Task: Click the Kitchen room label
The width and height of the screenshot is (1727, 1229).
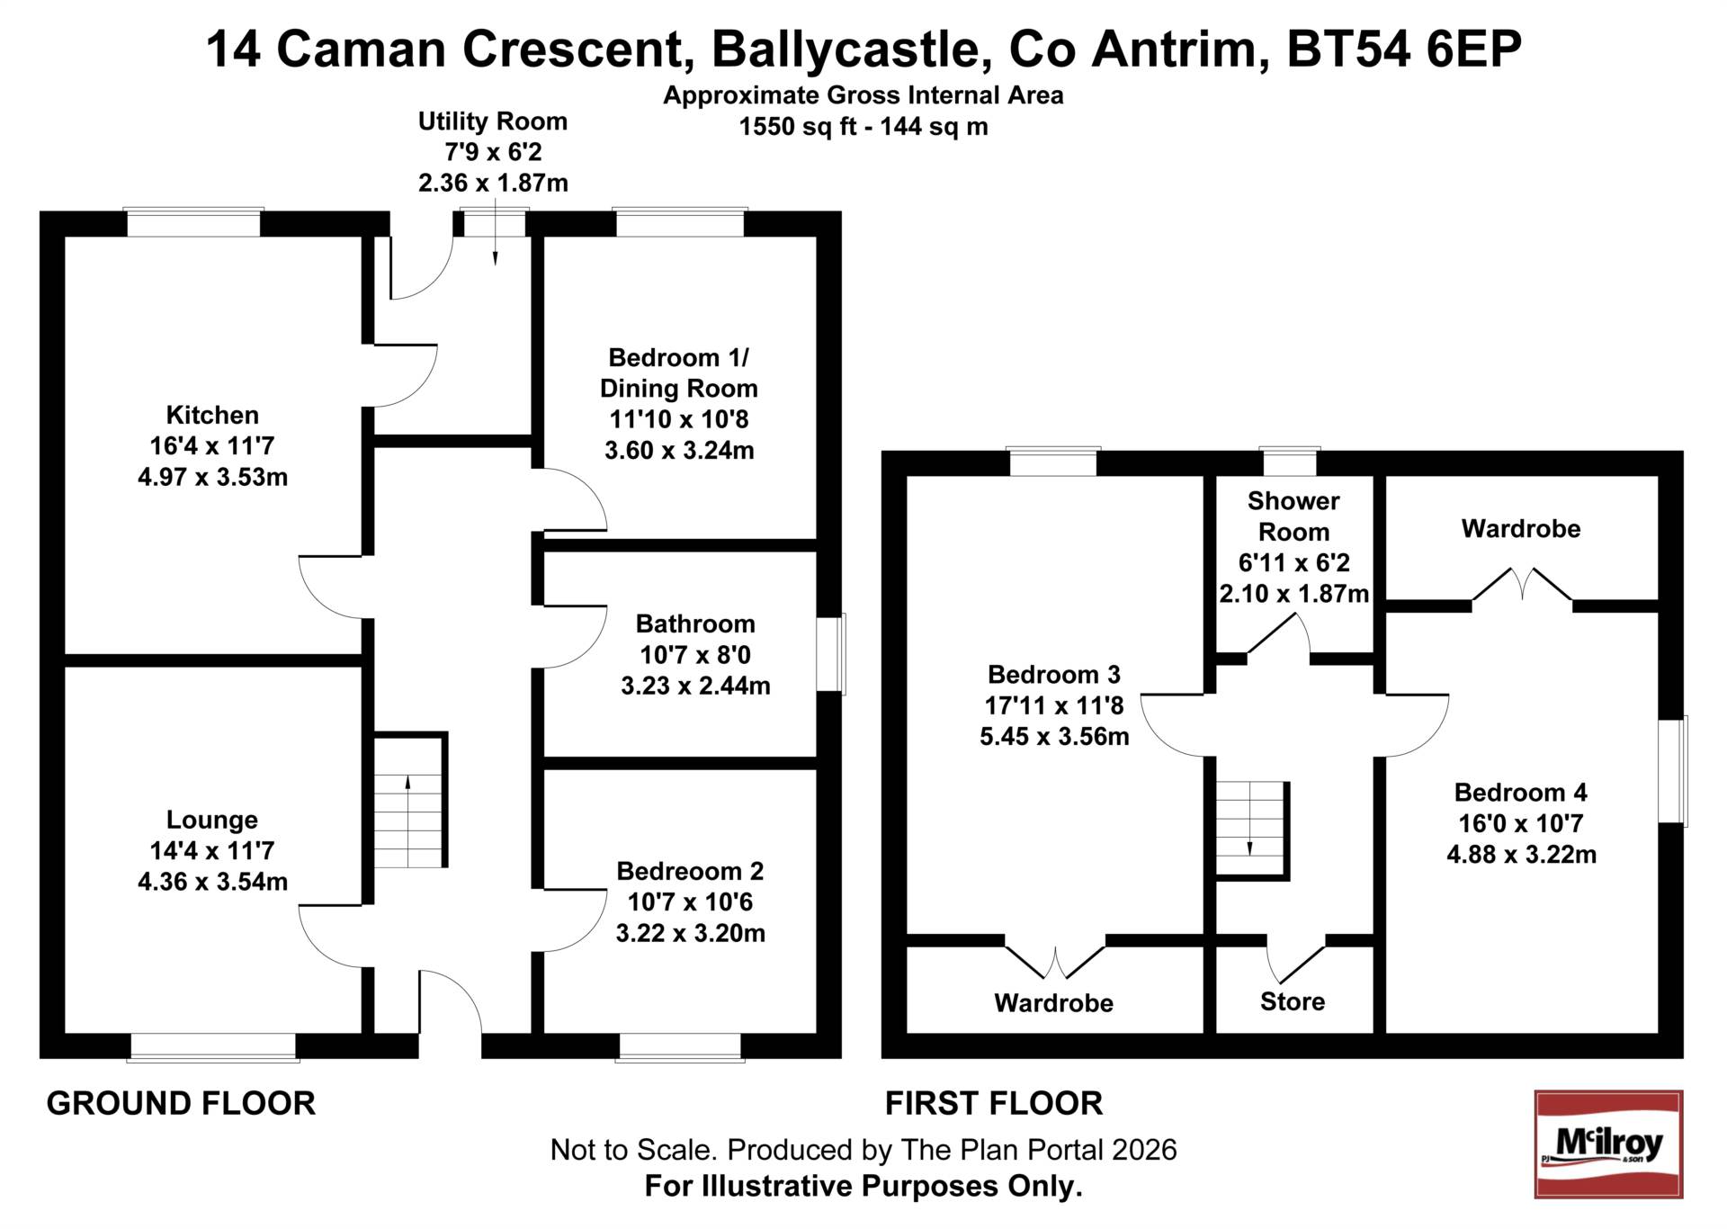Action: (212, 415)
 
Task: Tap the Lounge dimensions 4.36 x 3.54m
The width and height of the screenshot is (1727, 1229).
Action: (212, 881)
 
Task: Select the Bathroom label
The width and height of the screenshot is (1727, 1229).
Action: (695, 623)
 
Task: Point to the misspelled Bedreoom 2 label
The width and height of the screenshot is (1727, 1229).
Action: (690, 871)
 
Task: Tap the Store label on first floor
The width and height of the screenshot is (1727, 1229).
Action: (1292, 1001)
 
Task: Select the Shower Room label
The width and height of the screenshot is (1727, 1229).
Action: (1293, 516)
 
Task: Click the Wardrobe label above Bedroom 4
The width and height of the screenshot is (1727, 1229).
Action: (1520, 528)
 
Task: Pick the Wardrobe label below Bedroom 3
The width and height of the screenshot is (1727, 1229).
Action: (1053, 1002)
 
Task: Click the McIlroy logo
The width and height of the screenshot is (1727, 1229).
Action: (1607, 1144)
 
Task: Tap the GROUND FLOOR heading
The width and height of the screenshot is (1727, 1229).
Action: (181, 1103)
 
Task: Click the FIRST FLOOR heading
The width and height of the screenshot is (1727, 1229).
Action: (993, 1103)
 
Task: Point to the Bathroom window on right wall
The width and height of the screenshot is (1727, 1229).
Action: (833, 654)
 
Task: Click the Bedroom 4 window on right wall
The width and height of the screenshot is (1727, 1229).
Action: (1673, 770)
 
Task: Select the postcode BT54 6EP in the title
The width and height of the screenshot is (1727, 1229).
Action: (1403, 49)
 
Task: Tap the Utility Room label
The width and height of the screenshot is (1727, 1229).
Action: (492, 121)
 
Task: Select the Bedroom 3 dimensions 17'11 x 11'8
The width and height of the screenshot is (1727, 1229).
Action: (1053, 705)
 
